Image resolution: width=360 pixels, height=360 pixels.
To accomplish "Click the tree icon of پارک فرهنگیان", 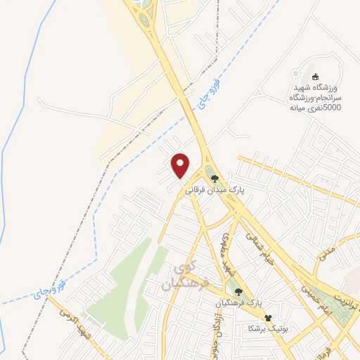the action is (239, 290).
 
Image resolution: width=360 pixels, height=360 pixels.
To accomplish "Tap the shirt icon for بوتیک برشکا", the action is (267, 317).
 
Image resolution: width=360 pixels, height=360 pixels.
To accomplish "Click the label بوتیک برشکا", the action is (263, 328).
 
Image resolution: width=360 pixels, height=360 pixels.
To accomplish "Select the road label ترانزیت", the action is (349, 292).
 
